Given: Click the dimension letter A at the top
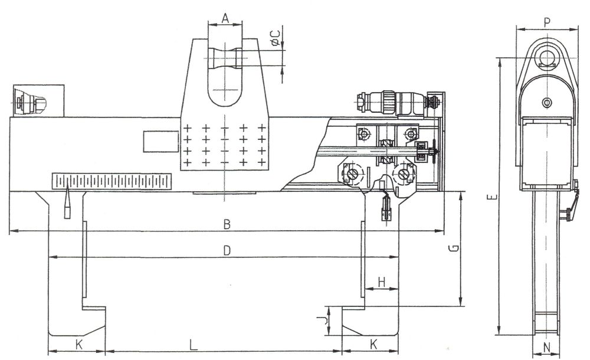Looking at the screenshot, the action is coord(225,18).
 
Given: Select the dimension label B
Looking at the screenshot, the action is coord(227,224).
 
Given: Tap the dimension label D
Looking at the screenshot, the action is coord(227,250).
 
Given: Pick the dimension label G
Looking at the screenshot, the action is coord(454,248).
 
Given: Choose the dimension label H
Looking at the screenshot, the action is coord(382,282).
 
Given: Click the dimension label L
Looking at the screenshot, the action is coord(193,345).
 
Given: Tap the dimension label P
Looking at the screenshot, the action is coord(547,22).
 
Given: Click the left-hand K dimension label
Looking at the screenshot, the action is coord(79,344).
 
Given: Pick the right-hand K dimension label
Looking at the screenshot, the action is coord(373,344).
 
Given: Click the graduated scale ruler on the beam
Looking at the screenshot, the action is coord(112,181).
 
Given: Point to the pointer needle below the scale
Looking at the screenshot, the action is coord(67,204).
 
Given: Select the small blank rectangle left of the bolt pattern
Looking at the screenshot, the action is coord(160,142).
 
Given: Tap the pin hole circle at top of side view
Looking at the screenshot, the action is coord(547,58).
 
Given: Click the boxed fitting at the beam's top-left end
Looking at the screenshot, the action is coord(38,101).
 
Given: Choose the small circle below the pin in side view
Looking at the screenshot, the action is coord(547,102).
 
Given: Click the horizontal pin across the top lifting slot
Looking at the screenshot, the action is coord(225,58).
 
